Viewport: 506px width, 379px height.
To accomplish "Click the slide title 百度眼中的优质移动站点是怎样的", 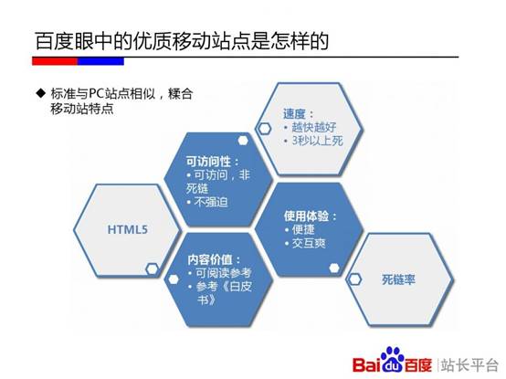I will pos(179,40).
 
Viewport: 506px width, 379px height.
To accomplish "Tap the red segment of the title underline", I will pos(55,61).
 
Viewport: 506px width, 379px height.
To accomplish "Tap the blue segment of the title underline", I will pos(100,61).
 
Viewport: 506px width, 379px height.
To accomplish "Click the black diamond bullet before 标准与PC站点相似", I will pos(40,94).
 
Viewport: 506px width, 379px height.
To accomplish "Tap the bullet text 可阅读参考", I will pos(225,274).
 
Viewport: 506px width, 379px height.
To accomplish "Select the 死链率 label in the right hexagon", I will pos(398,279).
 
